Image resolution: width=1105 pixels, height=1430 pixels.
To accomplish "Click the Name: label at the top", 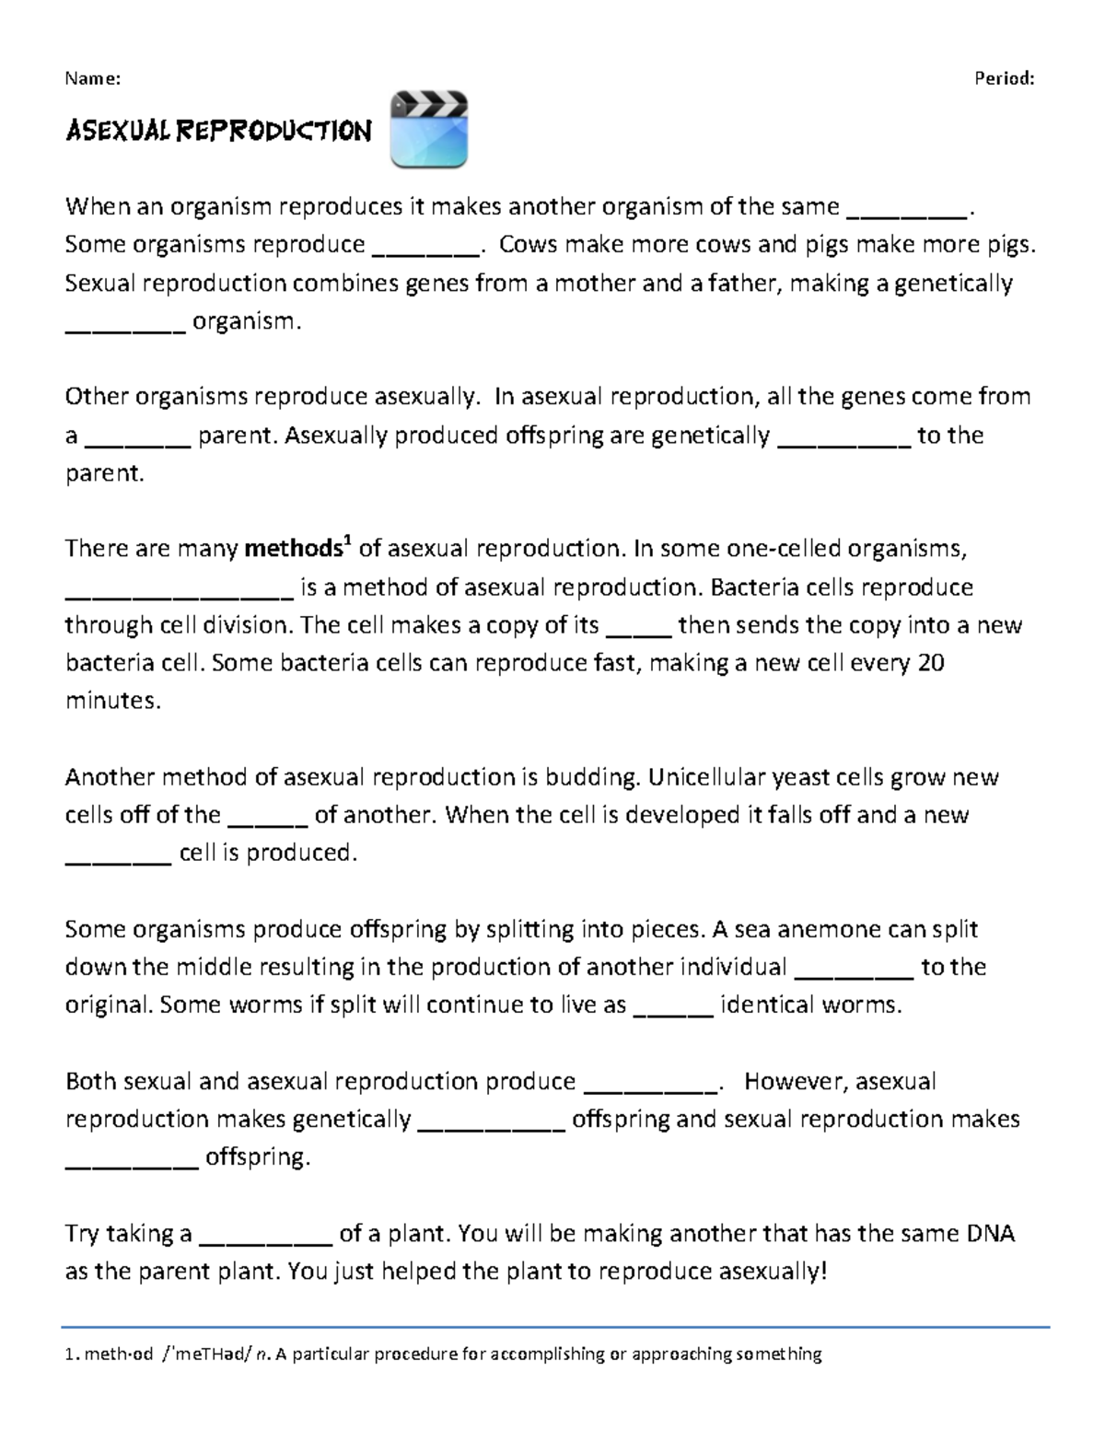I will pyautogui.click(x=92, y=78).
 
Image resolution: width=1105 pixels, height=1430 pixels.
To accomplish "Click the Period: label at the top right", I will pyautogui.click(x=1005, y=78).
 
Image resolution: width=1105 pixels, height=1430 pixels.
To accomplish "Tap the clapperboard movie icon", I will pyautogui.click(x=429, y=130).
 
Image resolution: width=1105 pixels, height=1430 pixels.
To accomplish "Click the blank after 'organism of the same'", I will pyautogui.click(x=906, y=208).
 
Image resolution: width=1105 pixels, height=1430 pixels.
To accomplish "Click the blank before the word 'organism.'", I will pyautogui.click(x=125, y=322).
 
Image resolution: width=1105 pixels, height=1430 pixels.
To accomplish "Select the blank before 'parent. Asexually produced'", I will pyautogui.click(x=137, y=436).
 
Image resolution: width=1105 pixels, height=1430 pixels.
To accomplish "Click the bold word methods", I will pyautogui.click(x=292, y=549).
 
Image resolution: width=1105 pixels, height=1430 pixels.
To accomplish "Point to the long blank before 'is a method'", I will pyautogui.click(x=179, y=588).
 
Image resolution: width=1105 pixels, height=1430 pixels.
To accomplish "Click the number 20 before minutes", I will pyautogui.click(x=931, y=663).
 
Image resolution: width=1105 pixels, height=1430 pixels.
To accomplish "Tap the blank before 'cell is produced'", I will pyautogui.click(x=119, y=854).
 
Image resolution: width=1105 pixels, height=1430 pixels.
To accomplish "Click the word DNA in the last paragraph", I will pyautogui.click(x=989, y=1233).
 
